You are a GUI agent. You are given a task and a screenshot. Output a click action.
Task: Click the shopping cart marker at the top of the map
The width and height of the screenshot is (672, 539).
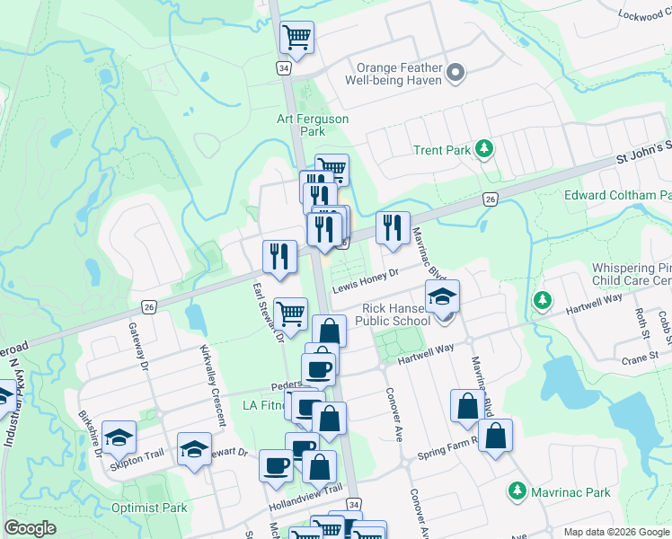pos(296,38)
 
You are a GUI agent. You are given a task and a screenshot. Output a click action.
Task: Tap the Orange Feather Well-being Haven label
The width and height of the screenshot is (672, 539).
pos(399,74)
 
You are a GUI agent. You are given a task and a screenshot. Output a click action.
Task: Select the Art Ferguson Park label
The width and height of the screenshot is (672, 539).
pos(312,125)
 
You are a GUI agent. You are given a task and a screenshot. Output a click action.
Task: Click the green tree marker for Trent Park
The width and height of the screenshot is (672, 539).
pos(485,149)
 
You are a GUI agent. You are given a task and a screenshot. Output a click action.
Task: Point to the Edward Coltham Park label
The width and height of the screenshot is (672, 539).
pos(617,195)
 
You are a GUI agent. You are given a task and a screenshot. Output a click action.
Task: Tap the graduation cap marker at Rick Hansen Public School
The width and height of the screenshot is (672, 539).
pos(442,297)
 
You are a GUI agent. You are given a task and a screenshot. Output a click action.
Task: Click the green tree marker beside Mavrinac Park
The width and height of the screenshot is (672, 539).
pos(517,491)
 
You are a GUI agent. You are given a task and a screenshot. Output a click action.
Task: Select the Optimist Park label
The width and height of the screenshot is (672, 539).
pos(149,508)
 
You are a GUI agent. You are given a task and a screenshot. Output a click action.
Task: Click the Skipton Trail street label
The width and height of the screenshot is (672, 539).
pos(138,455)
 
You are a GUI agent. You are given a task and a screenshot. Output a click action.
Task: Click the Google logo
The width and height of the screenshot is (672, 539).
pos(30,528)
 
